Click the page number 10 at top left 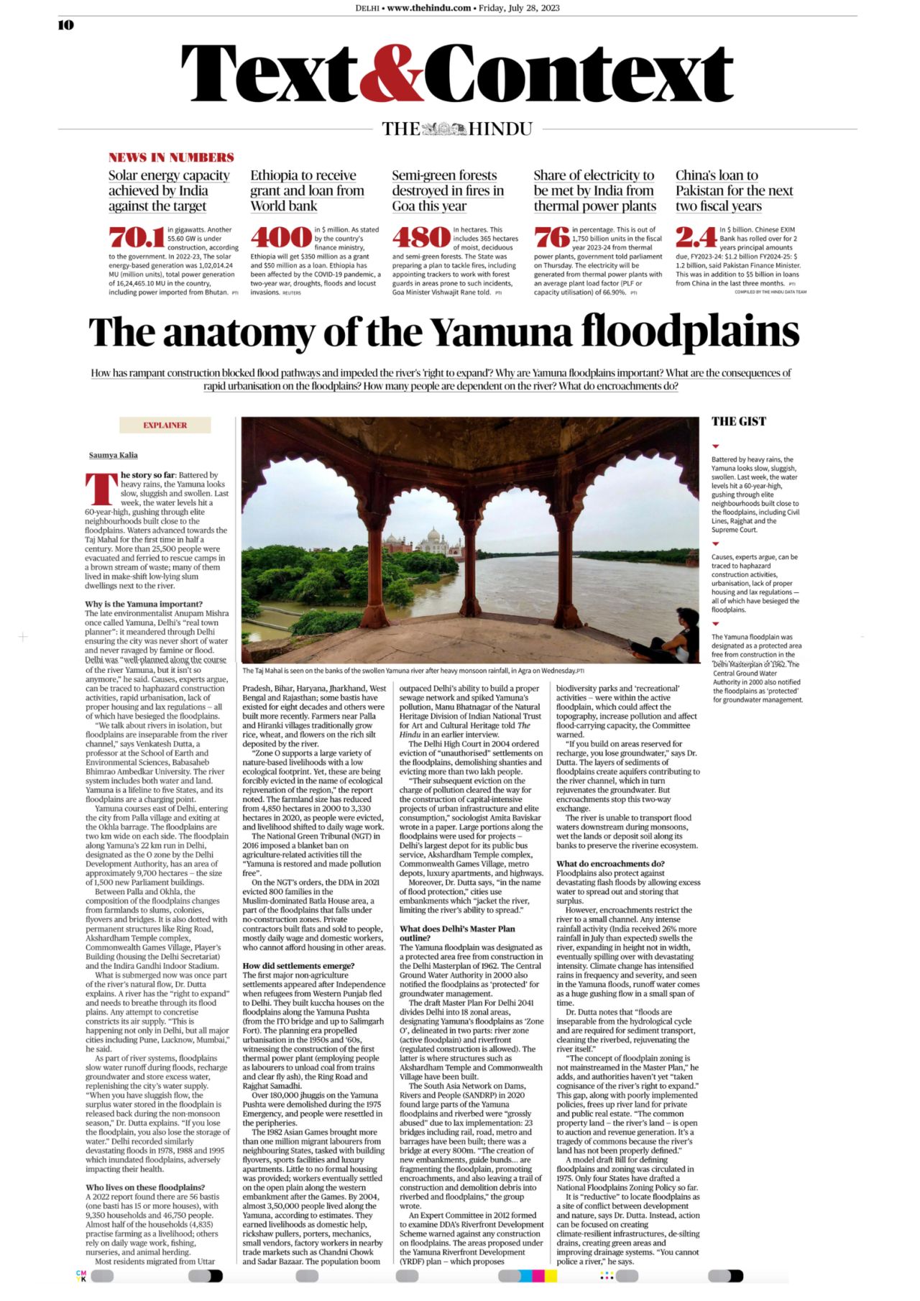point(65,25)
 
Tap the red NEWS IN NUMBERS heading point(171,157)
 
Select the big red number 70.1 point(136,237)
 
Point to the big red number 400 point(280,237)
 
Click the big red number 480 point(420,237)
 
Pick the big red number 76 point(551,237)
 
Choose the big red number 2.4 point(695,237)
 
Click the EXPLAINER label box point(165,426)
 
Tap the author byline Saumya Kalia point(113,455)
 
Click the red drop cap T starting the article point(101,489)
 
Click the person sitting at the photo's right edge point(680,633)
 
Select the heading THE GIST point(739,422)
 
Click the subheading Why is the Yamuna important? point(144,604)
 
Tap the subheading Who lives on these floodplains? point(145,1187)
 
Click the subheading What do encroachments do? point(610,863)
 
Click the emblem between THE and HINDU point(444,129)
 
